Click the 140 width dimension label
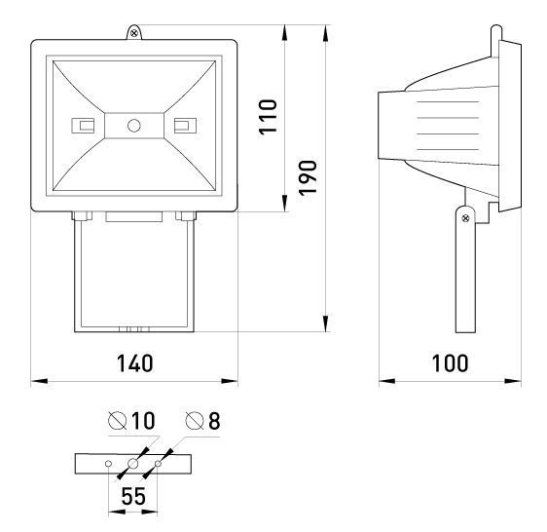(x=134, y=363)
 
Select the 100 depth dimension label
(x=450, y=363)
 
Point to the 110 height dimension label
(x=268, y=117)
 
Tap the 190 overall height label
(x=308, y=177)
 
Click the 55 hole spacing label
(x=133, y=496)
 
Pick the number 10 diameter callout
(x=143, y=421)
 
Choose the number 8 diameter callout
(x=214, y=421)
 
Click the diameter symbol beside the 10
(x=117, y=420)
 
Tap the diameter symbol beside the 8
(x=195, y=421)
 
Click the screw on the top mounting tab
(x=134, y=33)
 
